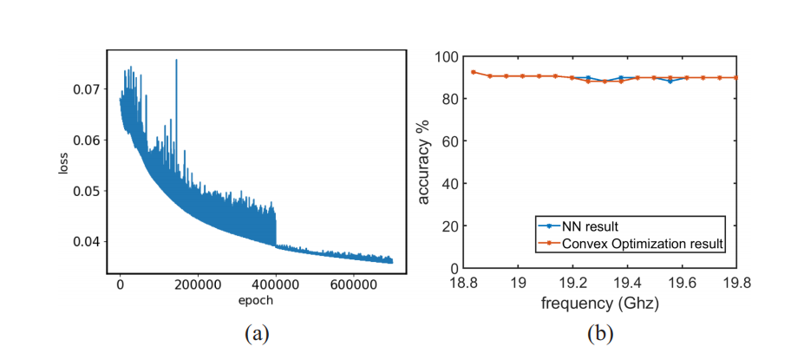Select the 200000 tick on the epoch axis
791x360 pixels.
(198, 283)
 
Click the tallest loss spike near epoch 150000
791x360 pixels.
(176, 61)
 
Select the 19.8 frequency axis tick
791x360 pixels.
(736, 282)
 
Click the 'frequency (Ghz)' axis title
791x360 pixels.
(600, 303)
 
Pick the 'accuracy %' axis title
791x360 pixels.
(424, 162)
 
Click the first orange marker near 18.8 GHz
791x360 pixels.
(474, 72)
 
